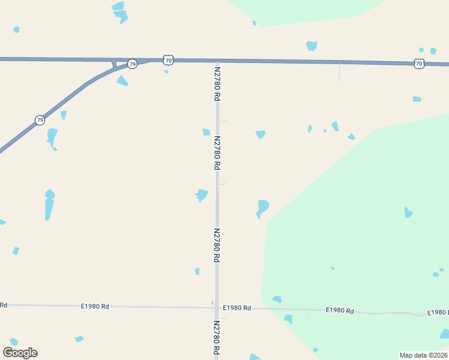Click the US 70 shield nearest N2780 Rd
point(168,60)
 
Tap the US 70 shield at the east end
point(419,63)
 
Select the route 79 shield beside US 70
point(132,64)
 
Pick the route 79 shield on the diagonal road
point(40,120)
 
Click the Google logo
point(20,353)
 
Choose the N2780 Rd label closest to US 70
point(217,83)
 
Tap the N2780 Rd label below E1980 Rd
point(217,339)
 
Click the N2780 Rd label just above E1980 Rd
point(217,245)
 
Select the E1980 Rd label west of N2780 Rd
point(95,306)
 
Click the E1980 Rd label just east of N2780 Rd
point(237,308)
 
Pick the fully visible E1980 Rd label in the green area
point(340,310)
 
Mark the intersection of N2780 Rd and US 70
point(217,61)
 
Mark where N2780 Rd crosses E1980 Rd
point(217,308)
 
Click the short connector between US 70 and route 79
point(114,64)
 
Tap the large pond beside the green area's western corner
point(262,208)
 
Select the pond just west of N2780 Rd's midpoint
point(201,195)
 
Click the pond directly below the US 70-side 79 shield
point(122,81)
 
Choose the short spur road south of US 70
point(339,72)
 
